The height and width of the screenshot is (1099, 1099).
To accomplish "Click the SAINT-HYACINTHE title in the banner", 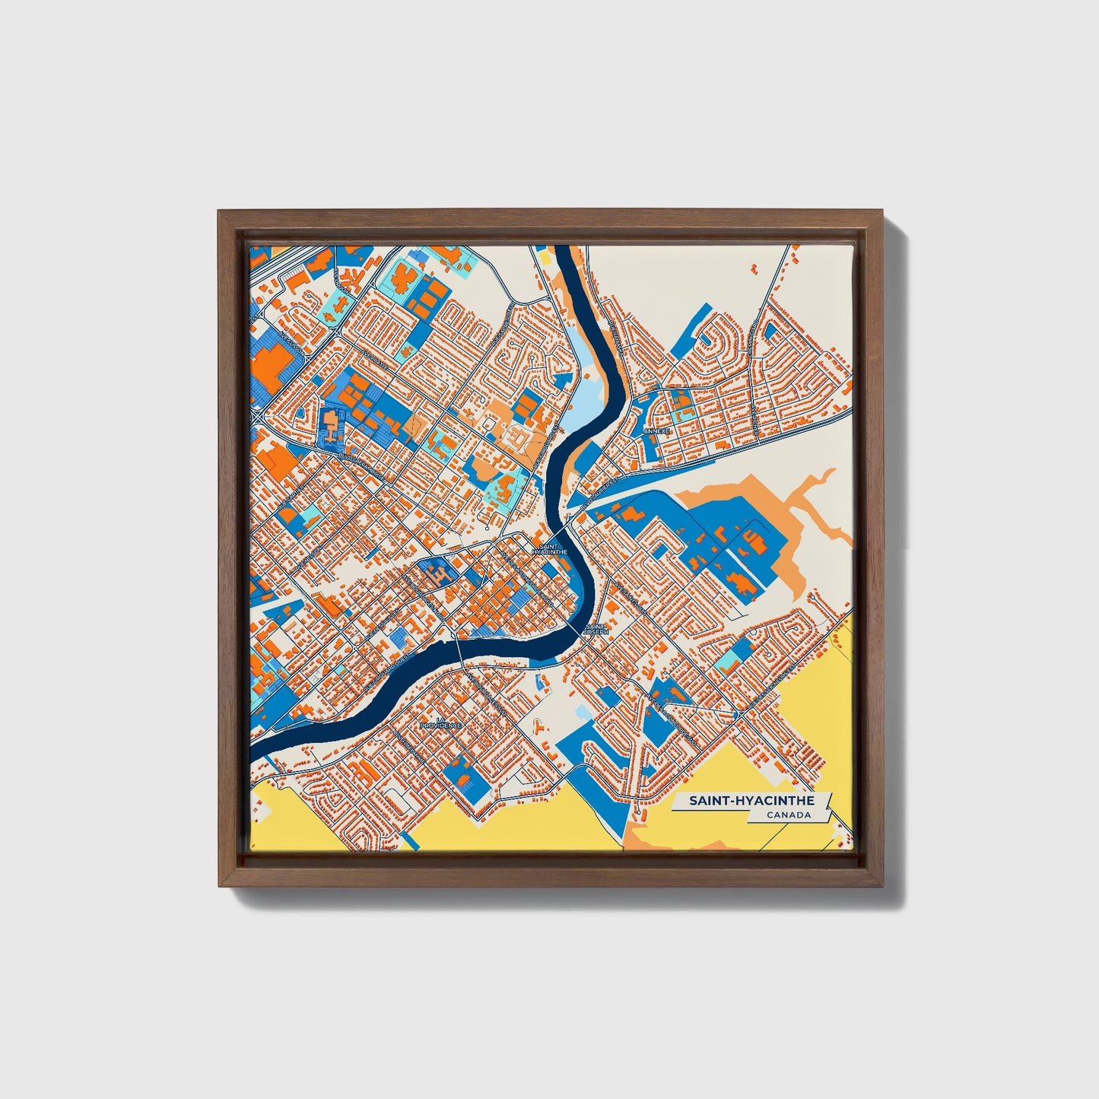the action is tap(751, 801).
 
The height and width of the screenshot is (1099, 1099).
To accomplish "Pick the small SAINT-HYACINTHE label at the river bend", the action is tap(551, 549).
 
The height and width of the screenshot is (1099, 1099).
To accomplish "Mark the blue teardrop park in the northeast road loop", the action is tap(770, 329).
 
